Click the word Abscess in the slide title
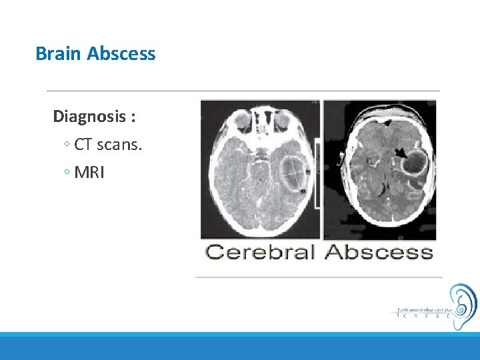(121, 53)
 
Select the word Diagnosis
(91, 117)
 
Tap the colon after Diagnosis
(134, 118)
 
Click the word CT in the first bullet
(84, 145)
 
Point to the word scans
(119, 145)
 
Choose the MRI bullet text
(89, 173)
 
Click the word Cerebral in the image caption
(260, 252)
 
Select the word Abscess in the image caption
(379, 252)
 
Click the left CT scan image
(260, 169)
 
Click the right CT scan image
(379, 169)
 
